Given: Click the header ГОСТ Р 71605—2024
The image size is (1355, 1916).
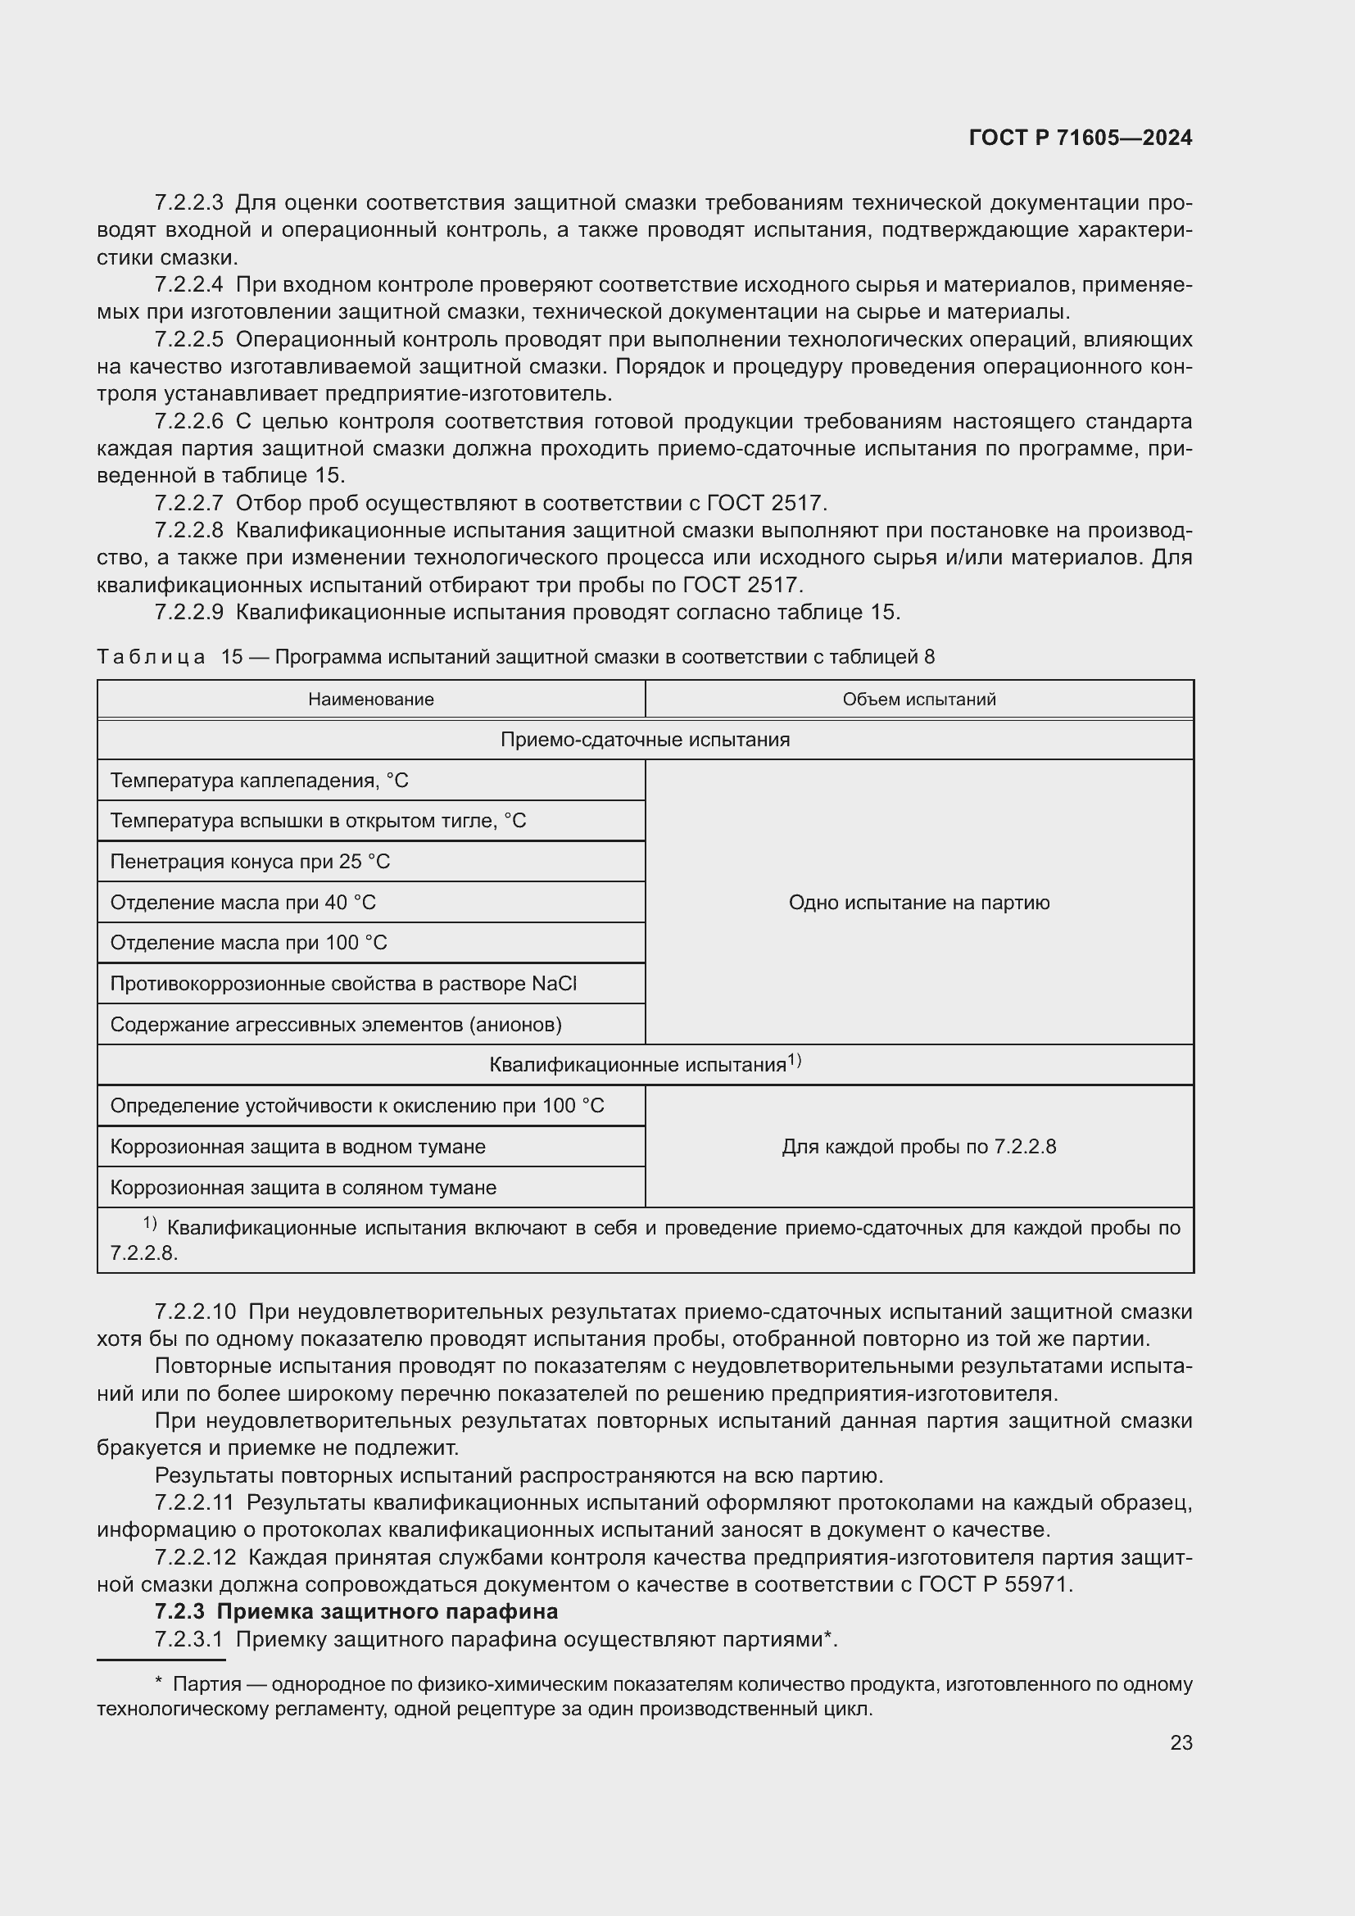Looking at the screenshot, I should pyautogui.click(x=1080, y=138).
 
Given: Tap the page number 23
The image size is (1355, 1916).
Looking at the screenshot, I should pyautogui.click(x=1181, y=1742).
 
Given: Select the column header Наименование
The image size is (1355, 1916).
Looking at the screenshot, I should pyautogui.click(x=370, y=700).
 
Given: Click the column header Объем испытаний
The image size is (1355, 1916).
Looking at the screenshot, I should pyautogui.click(x=918, y=700).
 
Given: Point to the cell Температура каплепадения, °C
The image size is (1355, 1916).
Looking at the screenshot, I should pyautogui.click(x=260, y=781).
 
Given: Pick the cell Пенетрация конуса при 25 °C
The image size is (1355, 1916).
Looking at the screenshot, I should pyautogui.click(x=251, y=861).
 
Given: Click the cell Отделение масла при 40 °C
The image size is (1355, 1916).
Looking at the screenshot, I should pyautogui.click(x=242, y=902).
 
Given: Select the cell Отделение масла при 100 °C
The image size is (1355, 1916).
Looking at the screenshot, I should pyautogui.click(x=249, y=942).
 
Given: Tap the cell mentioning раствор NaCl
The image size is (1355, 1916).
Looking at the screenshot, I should pyautogui.click(x=343, y=983).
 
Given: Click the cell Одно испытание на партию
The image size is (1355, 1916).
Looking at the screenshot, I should pyautogui.click(x=918, y=902).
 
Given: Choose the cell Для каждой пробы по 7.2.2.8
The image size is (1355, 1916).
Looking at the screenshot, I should pyautogui.click(x=918, y=1147).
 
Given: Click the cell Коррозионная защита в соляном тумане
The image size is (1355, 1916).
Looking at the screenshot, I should pyautogui.click(x=303, y=1188).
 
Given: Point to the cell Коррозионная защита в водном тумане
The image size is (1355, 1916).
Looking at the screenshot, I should pyautogui.click(x=298, y=1147).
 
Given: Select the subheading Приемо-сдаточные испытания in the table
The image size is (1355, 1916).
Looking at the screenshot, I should pyautogui.click(x=645, y=740).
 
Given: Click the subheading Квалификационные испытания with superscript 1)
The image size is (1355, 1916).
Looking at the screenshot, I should pyautogui.click(x=645, y=1065).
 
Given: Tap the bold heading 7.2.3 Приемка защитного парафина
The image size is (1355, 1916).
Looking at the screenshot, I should pyautogui.click(x=356, y=1610).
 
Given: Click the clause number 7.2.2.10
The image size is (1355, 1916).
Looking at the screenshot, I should pyautogui.click(x=195, y=1311).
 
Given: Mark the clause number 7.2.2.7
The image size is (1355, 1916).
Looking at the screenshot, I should pyautogui.click(x=188, y=503).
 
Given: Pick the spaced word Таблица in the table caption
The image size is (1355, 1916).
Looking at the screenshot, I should pyautogui.click(x=151, y=657).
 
